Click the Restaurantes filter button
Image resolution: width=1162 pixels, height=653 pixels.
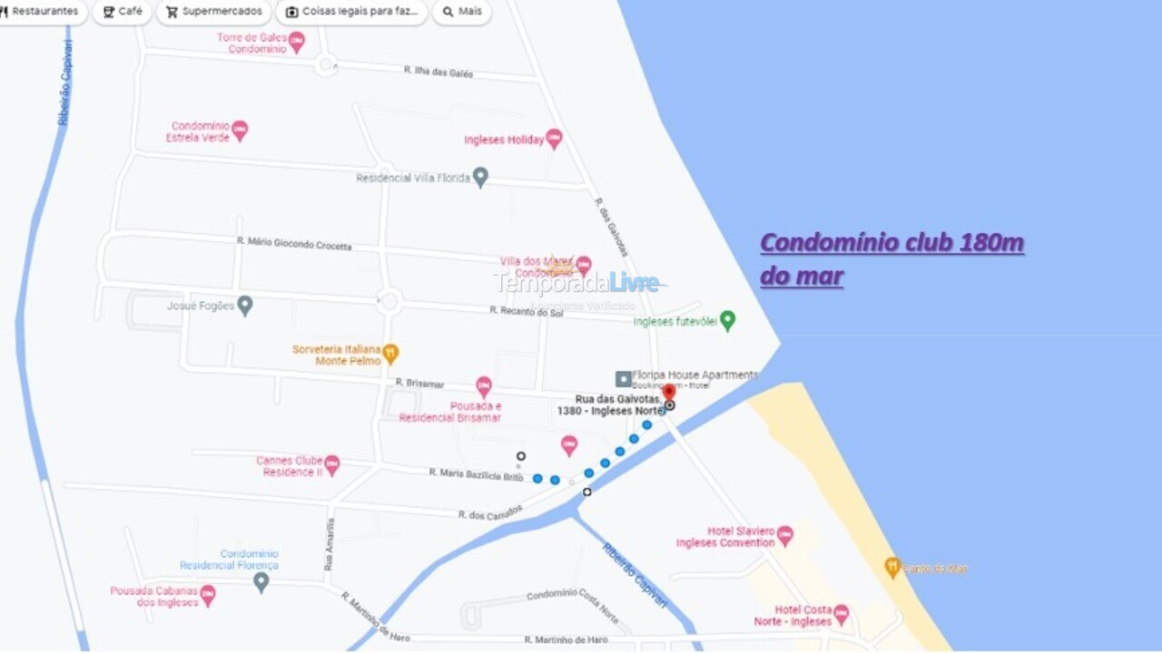(40, 12)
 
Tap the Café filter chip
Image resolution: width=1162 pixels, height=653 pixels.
(122, 12)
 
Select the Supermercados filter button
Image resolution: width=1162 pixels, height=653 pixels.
(214, 12)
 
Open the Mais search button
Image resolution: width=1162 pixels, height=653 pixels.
(461, 12)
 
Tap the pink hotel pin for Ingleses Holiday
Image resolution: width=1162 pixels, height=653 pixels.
(554, 139)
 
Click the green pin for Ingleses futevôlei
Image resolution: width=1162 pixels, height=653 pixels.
(727, 320)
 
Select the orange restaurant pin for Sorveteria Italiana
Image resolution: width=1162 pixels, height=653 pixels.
(390, 353)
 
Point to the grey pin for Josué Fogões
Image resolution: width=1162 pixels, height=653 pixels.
(244, 306)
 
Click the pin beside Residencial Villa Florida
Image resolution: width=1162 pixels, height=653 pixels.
(480, 177)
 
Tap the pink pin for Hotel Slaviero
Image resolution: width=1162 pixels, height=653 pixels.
(784, 535)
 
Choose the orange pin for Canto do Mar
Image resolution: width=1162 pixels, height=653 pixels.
(892, 568)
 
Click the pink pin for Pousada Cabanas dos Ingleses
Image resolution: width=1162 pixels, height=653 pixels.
(208, 596)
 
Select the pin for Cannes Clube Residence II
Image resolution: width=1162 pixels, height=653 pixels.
(332, 465)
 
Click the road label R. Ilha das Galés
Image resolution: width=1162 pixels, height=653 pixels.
(438, 72)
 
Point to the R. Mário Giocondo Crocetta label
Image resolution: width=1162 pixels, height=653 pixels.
(293, 243)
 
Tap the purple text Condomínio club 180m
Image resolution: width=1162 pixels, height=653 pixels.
(891, 243)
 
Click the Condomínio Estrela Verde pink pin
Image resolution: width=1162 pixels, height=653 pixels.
(240, 131)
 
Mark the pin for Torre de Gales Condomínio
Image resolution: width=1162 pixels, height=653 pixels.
(297, 42)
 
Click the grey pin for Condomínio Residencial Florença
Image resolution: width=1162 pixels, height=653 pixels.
(261, 581)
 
